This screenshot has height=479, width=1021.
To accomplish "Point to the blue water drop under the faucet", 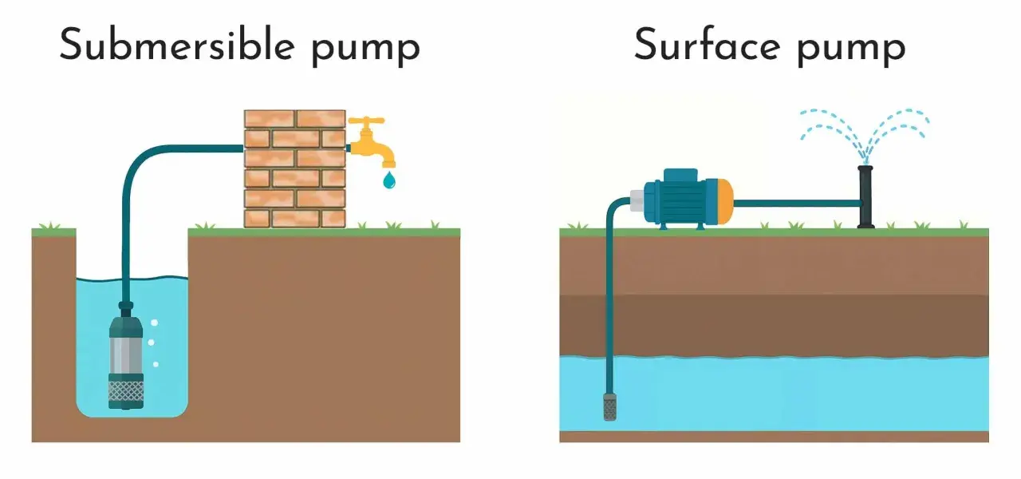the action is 388,180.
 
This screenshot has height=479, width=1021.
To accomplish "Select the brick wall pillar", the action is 295,168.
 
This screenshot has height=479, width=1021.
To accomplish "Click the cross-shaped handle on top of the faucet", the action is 366,122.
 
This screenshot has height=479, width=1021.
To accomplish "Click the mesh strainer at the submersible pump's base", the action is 126,391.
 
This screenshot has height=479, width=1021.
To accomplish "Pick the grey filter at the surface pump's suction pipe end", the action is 610,406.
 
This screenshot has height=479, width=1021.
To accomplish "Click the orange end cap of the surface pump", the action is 724,202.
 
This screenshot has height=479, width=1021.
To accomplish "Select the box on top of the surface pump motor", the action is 680,175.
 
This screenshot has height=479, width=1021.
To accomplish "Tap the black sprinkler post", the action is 865,196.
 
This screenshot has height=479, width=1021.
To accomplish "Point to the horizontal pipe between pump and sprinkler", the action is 796,204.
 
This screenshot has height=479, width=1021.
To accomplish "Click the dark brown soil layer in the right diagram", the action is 774,326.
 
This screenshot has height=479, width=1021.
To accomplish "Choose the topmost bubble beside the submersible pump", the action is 154,323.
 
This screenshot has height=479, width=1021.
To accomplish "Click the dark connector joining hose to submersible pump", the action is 126,309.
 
